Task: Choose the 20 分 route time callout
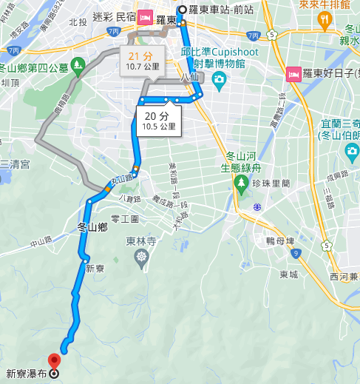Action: click(157, 121)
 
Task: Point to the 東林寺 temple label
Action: click(140, 240)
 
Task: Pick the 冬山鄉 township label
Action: click(92, 228)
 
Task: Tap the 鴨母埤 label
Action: click(280, 241)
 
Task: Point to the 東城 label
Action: click(289, 274)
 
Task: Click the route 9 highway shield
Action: click(296, 254)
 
